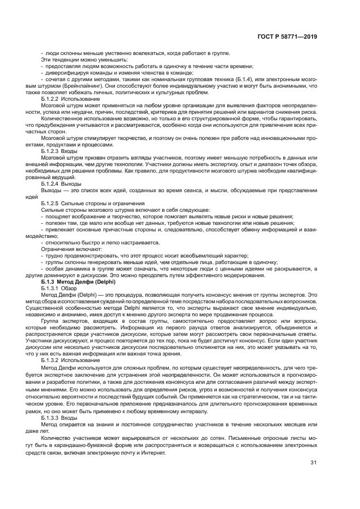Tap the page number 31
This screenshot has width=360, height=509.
tap(313, 463)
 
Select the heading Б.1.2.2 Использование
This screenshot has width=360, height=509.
tap(70, 99)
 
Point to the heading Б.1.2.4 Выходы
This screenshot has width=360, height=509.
tap(62, 184)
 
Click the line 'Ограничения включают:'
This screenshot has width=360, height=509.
tap(67, 248)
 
